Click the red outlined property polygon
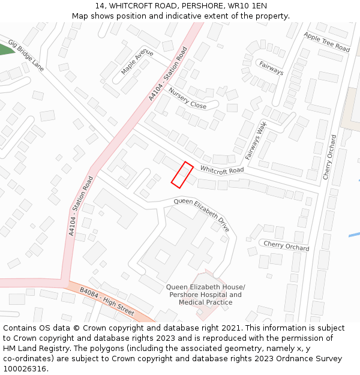(182, 174)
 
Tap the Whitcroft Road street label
(221, 170)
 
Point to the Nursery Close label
(187, 98)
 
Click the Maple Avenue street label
(137, 62)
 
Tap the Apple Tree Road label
(326, 42)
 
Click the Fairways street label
(271, 68)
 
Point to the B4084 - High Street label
(107, 302)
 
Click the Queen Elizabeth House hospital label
(205, 287)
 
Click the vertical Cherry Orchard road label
(330, 157)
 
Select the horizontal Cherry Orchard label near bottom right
(286, 245)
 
